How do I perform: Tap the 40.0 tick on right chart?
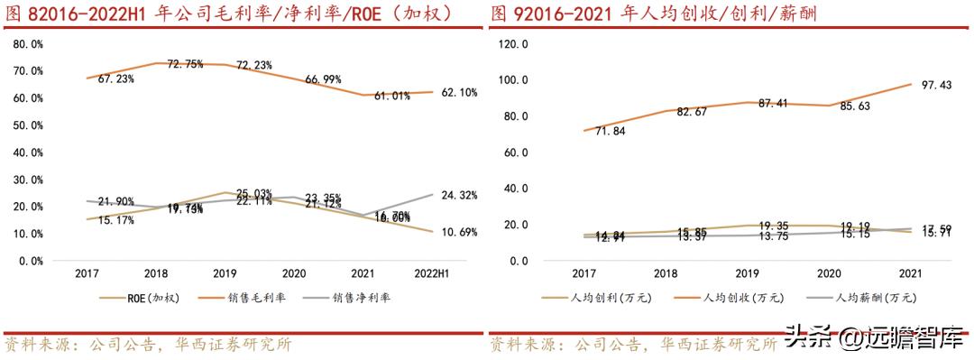tap(515, 189)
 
